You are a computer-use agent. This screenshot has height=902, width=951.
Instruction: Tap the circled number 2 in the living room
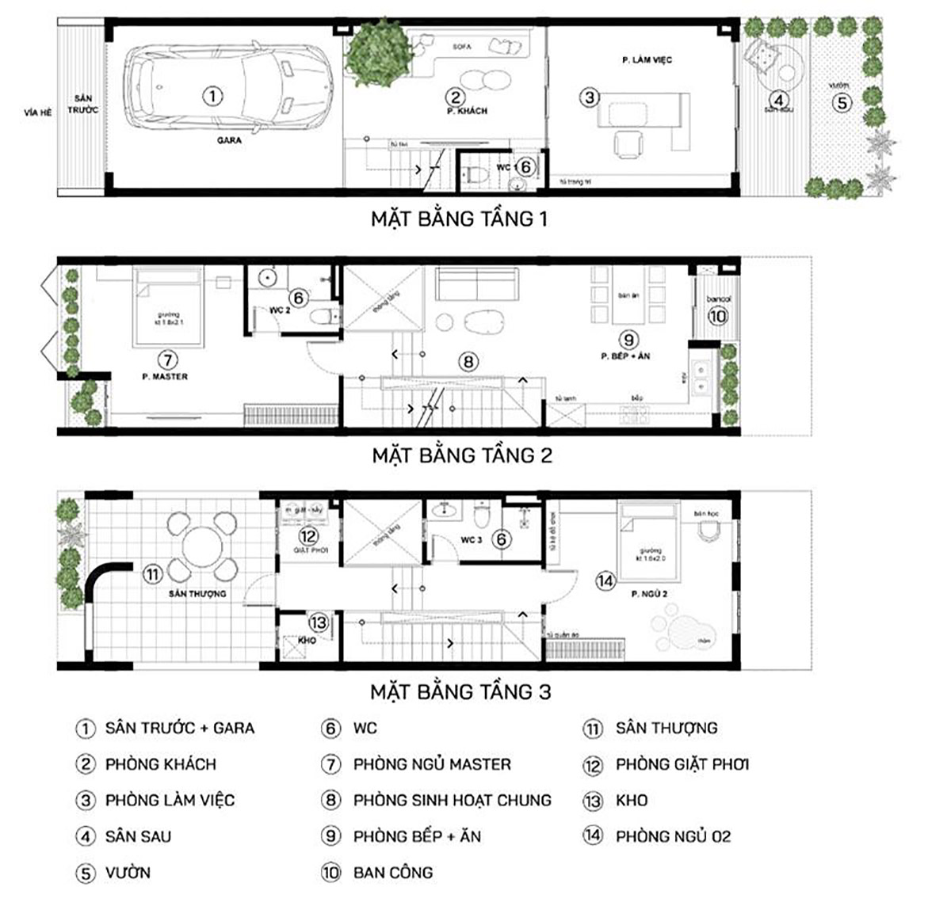pos(455,97)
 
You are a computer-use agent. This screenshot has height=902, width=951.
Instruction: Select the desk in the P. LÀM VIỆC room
pos(644,110)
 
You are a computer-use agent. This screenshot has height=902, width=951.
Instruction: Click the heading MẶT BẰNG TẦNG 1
pos(459,219)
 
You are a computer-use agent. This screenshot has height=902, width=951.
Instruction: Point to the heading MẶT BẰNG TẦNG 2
pos(461,455)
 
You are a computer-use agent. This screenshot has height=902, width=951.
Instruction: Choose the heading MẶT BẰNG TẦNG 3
pos(460,691)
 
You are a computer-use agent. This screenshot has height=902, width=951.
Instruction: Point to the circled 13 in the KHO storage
pos(318,623)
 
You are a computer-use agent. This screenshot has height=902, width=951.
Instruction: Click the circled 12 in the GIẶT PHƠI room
pos(307,536)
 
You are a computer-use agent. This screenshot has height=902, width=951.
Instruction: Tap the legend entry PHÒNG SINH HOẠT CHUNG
pos(452,800)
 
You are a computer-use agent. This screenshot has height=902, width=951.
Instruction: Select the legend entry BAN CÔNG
pos(392,873)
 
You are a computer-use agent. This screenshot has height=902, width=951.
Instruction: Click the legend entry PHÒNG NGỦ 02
pos(673,836)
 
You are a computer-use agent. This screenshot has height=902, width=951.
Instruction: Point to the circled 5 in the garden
pos(842,102)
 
